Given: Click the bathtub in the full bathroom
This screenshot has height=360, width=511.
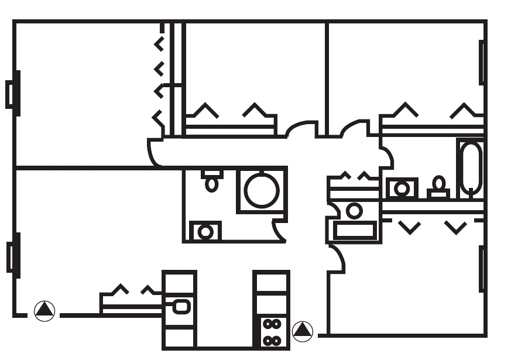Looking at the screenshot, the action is (x=471, y=168).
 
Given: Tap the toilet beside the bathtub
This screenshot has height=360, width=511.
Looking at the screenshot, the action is (x=438, y=187).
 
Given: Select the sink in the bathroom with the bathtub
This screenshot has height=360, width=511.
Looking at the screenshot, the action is (x=402, y=188).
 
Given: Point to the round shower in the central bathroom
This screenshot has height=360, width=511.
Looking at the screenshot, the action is (x=262, y=190).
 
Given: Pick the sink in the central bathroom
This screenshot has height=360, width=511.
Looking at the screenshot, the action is (x=205, y=232).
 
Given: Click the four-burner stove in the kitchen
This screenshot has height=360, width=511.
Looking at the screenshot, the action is (x=271, y=332).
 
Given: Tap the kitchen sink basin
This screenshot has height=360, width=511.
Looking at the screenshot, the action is (x=181, y=306).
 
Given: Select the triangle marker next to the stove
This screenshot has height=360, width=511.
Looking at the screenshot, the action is (x=303, y=332).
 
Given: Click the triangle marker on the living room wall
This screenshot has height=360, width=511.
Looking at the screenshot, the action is (x=44, y=310).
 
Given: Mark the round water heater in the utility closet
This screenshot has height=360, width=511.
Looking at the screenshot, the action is (x=354, y=210).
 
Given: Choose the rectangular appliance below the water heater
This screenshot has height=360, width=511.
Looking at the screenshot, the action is (x=355, y=230).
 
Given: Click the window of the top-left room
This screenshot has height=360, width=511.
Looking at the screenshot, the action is (x=12, y=93).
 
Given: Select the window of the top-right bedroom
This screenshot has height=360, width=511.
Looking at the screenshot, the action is (x=482, y=62).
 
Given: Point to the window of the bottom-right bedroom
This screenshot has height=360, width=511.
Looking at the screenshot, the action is (x=482, y=269).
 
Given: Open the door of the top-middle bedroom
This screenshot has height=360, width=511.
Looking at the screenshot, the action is (x=302, y=129).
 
